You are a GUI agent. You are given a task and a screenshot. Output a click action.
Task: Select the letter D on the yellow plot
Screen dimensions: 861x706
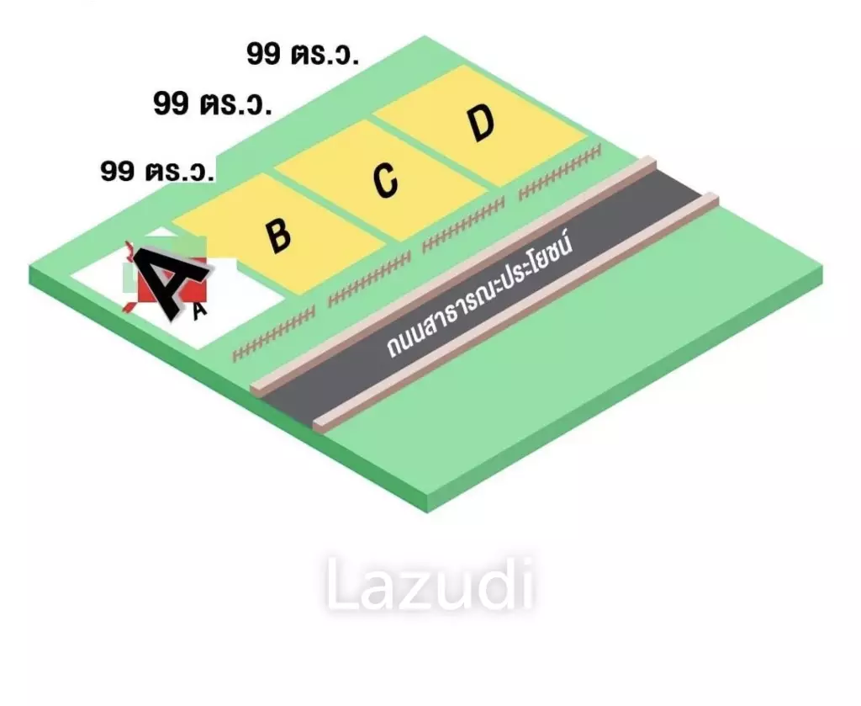(482, 124)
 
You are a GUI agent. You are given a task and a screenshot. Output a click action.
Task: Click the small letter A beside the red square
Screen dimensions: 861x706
(199, 311)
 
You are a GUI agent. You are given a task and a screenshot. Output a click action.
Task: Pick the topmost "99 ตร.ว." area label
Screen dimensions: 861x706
(303, 55)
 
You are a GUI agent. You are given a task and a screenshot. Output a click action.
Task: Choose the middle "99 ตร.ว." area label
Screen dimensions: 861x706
(213, 103)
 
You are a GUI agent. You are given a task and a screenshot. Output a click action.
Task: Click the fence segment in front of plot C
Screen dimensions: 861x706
(463, 226)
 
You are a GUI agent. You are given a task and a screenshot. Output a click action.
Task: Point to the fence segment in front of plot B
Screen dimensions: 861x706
(369, 279)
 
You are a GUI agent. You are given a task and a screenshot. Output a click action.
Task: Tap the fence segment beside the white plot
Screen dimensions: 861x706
(273, 333)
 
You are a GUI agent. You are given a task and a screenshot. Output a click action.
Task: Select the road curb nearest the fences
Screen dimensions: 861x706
(453, 275)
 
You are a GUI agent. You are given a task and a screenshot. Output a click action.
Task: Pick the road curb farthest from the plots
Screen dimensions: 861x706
(516, 311)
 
